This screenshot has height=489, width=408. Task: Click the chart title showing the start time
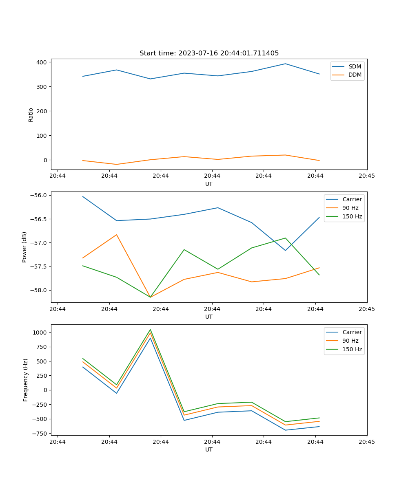click(x=209, y=53)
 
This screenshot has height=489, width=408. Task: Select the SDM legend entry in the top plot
click(x=355, y=66)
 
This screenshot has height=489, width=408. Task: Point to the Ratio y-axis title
click(x=31, y=115)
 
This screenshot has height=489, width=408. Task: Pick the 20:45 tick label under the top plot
click(x=366, y=176)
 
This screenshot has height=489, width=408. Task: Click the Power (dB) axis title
click(x=24, y=247)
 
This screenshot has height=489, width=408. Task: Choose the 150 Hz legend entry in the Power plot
click(x=352, y=217)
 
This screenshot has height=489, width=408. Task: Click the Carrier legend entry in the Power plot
click(x=352, y=200)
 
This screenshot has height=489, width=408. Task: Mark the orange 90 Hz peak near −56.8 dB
click(x=117, y=235)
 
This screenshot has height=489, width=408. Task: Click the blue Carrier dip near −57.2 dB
click(x=285, y=250)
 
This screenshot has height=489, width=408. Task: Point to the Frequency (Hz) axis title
click(x=25, y=380)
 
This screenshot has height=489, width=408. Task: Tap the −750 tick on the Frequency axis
click(x=40, y=434)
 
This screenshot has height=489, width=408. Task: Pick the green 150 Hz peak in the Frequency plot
click(x=150, y=330)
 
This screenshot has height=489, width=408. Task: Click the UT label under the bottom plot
click(x=209, y=450)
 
